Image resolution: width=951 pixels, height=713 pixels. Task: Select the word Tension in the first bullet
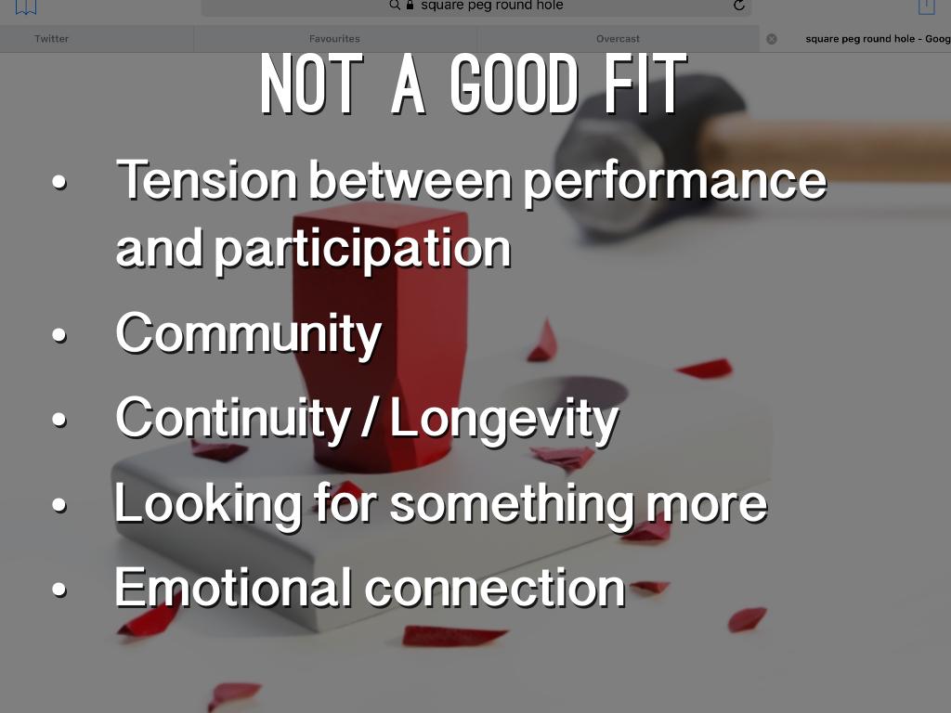207,179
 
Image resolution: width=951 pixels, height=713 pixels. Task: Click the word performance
675,183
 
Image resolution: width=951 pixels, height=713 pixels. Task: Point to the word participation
363,251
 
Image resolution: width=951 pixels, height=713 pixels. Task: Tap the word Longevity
504,420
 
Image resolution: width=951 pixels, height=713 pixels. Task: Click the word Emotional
233,587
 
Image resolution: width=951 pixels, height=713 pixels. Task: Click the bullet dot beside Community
59,334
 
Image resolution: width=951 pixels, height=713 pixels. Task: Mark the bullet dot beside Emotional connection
59,590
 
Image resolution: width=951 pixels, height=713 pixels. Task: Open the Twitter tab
52,39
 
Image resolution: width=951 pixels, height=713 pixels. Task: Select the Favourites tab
334,39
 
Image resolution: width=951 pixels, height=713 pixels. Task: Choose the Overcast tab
618,39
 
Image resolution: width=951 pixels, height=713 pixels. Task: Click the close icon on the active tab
772,39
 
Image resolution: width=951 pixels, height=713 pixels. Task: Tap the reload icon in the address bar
738,6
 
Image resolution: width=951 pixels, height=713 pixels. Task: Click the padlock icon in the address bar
410,5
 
